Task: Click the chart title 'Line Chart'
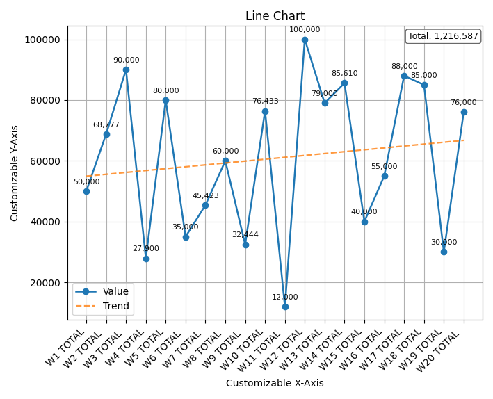pos(275,16)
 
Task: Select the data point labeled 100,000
pos(305,40)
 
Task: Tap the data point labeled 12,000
pos(285,307)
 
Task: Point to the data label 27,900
pos(146,248)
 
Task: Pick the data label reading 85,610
pos(344,73)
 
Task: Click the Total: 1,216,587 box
pos(443,36)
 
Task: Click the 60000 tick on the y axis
pos(43,161)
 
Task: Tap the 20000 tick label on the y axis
pos(43,283)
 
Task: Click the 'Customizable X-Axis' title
pos(275,383)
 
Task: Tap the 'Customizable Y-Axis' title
pos(15,173)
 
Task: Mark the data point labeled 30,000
pos(444,252)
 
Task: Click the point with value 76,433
pos(265,111)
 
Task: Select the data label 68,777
pos(106,125)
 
